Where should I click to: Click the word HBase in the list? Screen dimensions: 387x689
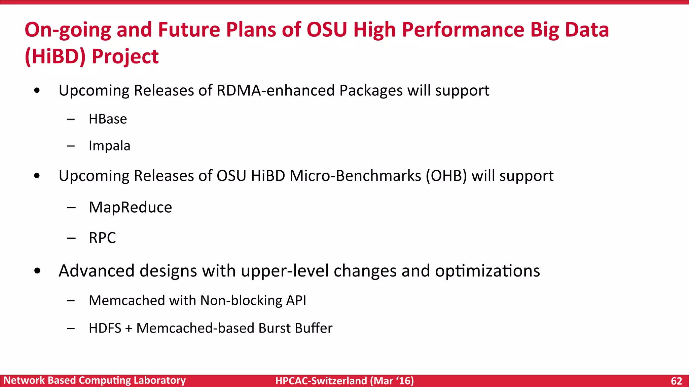(108, 119)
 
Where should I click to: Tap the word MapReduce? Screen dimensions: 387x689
(130, 207)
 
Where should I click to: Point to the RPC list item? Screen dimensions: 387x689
(102, 238)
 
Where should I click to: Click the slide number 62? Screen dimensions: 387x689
(676, 381)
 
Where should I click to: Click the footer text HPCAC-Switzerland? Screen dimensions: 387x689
(321, 381)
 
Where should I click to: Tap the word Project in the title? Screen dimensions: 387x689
(125, 56)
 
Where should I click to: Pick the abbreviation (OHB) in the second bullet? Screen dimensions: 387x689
(446, 176)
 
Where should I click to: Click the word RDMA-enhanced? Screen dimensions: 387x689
(276, 91)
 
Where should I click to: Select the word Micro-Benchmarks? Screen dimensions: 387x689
(355, 176)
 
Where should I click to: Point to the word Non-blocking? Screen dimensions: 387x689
(241, 300)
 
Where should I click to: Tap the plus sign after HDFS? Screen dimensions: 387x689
(129, 329)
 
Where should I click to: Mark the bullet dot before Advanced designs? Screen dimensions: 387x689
(37, 271)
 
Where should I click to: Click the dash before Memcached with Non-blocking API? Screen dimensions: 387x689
(71, 301)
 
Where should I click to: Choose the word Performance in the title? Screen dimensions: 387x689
(463, 30)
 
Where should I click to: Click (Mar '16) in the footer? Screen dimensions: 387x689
(392, 381)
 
